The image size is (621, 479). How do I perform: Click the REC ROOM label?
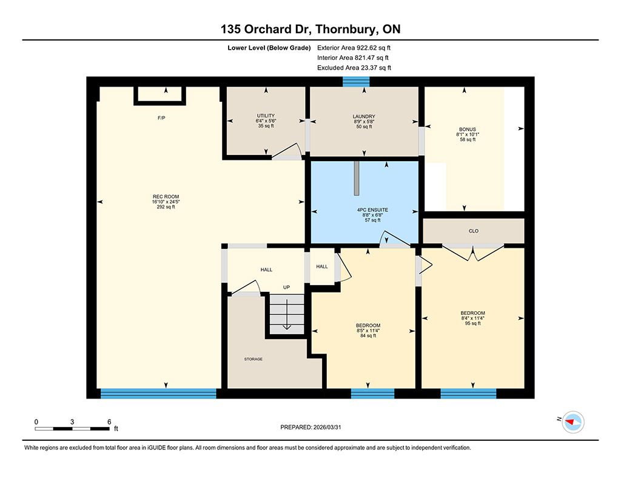[166, 197]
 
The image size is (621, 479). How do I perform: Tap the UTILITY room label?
[266, 116]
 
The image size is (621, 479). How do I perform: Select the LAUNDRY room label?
[364, 116]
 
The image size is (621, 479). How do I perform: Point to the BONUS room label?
[468, 130]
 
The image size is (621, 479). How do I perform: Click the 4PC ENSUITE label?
[373, 210]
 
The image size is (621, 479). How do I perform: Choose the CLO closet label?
[474, 231]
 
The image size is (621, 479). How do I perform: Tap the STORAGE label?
[253, 359]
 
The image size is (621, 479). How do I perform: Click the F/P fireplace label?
[161, 118]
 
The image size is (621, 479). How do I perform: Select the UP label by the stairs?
[286, 287]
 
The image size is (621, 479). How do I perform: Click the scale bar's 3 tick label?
[72, 422]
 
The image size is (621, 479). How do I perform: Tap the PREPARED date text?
[310, 427]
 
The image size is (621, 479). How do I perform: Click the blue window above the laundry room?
[356, 82]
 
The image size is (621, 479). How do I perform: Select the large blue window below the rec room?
[158, 394]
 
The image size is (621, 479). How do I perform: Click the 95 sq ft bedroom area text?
[473, 323]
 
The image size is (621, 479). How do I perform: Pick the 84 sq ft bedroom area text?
[368, 335]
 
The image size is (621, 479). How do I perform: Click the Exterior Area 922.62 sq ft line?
[354, 48]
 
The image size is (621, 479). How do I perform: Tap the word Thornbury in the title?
[346, 29]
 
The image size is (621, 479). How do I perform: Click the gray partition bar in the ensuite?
[357, 178]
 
